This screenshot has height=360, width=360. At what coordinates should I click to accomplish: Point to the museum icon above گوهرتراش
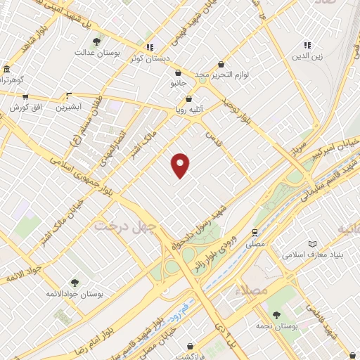pyautogui.click(x=6, y=70)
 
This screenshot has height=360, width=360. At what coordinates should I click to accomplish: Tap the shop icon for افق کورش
pyautogui.click(x=25, y=96)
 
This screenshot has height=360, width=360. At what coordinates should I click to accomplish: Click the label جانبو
pyautogui.click(x=180, y=83)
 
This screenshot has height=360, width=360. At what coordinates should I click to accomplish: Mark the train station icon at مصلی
pyautogui.click(x=254, y=232)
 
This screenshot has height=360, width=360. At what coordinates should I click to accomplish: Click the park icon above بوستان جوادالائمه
pyautogui.click(x=75, y=283)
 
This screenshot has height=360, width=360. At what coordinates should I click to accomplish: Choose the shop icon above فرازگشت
pyautogui.click(x=191, y=346)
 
